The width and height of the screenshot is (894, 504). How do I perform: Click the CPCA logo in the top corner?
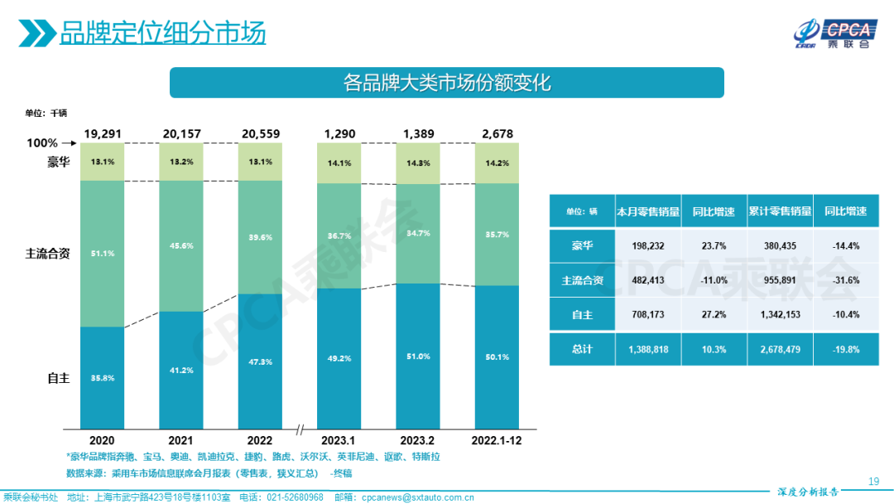click(x=831, y=32)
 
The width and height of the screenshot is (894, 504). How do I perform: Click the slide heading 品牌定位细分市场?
click(x=162, y=33)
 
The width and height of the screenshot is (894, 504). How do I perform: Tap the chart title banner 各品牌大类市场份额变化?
click(x=446, y=83)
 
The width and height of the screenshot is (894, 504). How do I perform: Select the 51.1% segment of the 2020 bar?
click(x=102, y=253)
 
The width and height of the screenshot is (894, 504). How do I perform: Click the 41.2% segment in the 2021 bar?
click(x=180, y=371)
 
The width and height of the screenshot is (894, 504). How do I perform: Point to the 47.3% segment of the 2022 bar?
click(x=259, y=361)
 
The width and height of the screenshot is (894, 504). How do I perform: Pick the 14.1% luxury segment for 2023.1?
click(x=339, y=163)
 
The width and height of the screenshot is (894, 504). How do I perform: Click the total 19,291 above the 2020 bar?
click(x=102, y=133)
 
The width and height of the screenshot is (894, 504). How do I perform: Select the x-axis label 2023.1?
click(x=339, y=440)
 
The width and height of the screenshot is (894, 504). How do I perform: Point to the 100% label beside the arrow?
click(x=42, y=143)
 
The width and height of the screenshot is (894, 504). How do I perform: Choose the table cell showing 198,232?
click(x=648, y=245)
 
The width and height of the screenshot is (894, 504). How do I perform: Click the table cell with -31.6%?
click(x=846, y=280)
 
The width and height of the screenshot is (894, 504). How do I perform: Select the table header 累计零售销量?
click(x=780, y=211)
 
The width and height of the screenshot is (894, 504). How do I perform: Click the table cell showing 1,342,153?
click(x=780, y=316)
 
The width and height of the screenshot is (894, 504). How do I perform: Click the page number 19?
click(x=873, y=482)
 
